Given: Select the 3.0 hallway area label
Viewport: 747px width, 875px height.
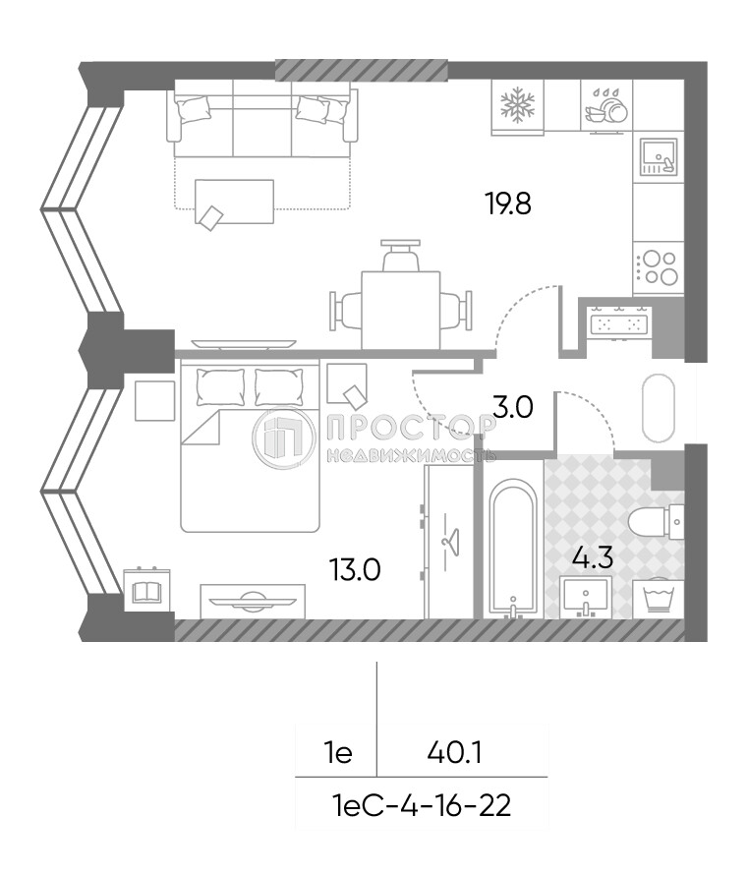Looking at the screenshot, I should coord(511,406).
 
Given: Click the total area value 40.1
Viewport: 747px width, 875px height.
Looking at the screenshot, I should coord(453,754).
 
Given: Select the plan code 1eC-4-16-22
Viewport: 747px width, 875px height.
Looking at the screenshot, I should coord(423,807).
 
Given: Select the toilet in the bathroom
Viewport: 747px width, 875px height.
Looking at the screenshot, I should coord(653,521).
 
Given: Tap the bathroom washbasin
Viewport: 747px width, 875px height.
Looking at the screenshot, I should coord(585,596).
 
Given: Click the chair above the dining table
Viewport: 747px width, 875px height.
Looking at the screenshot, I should coord(401,257).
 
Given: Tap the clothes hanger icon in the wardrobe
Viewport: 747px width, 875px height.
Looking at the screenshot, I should coord(451,540).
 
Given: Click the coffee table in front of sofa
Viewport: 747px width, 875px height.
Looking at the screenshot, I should coord(234,203).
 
